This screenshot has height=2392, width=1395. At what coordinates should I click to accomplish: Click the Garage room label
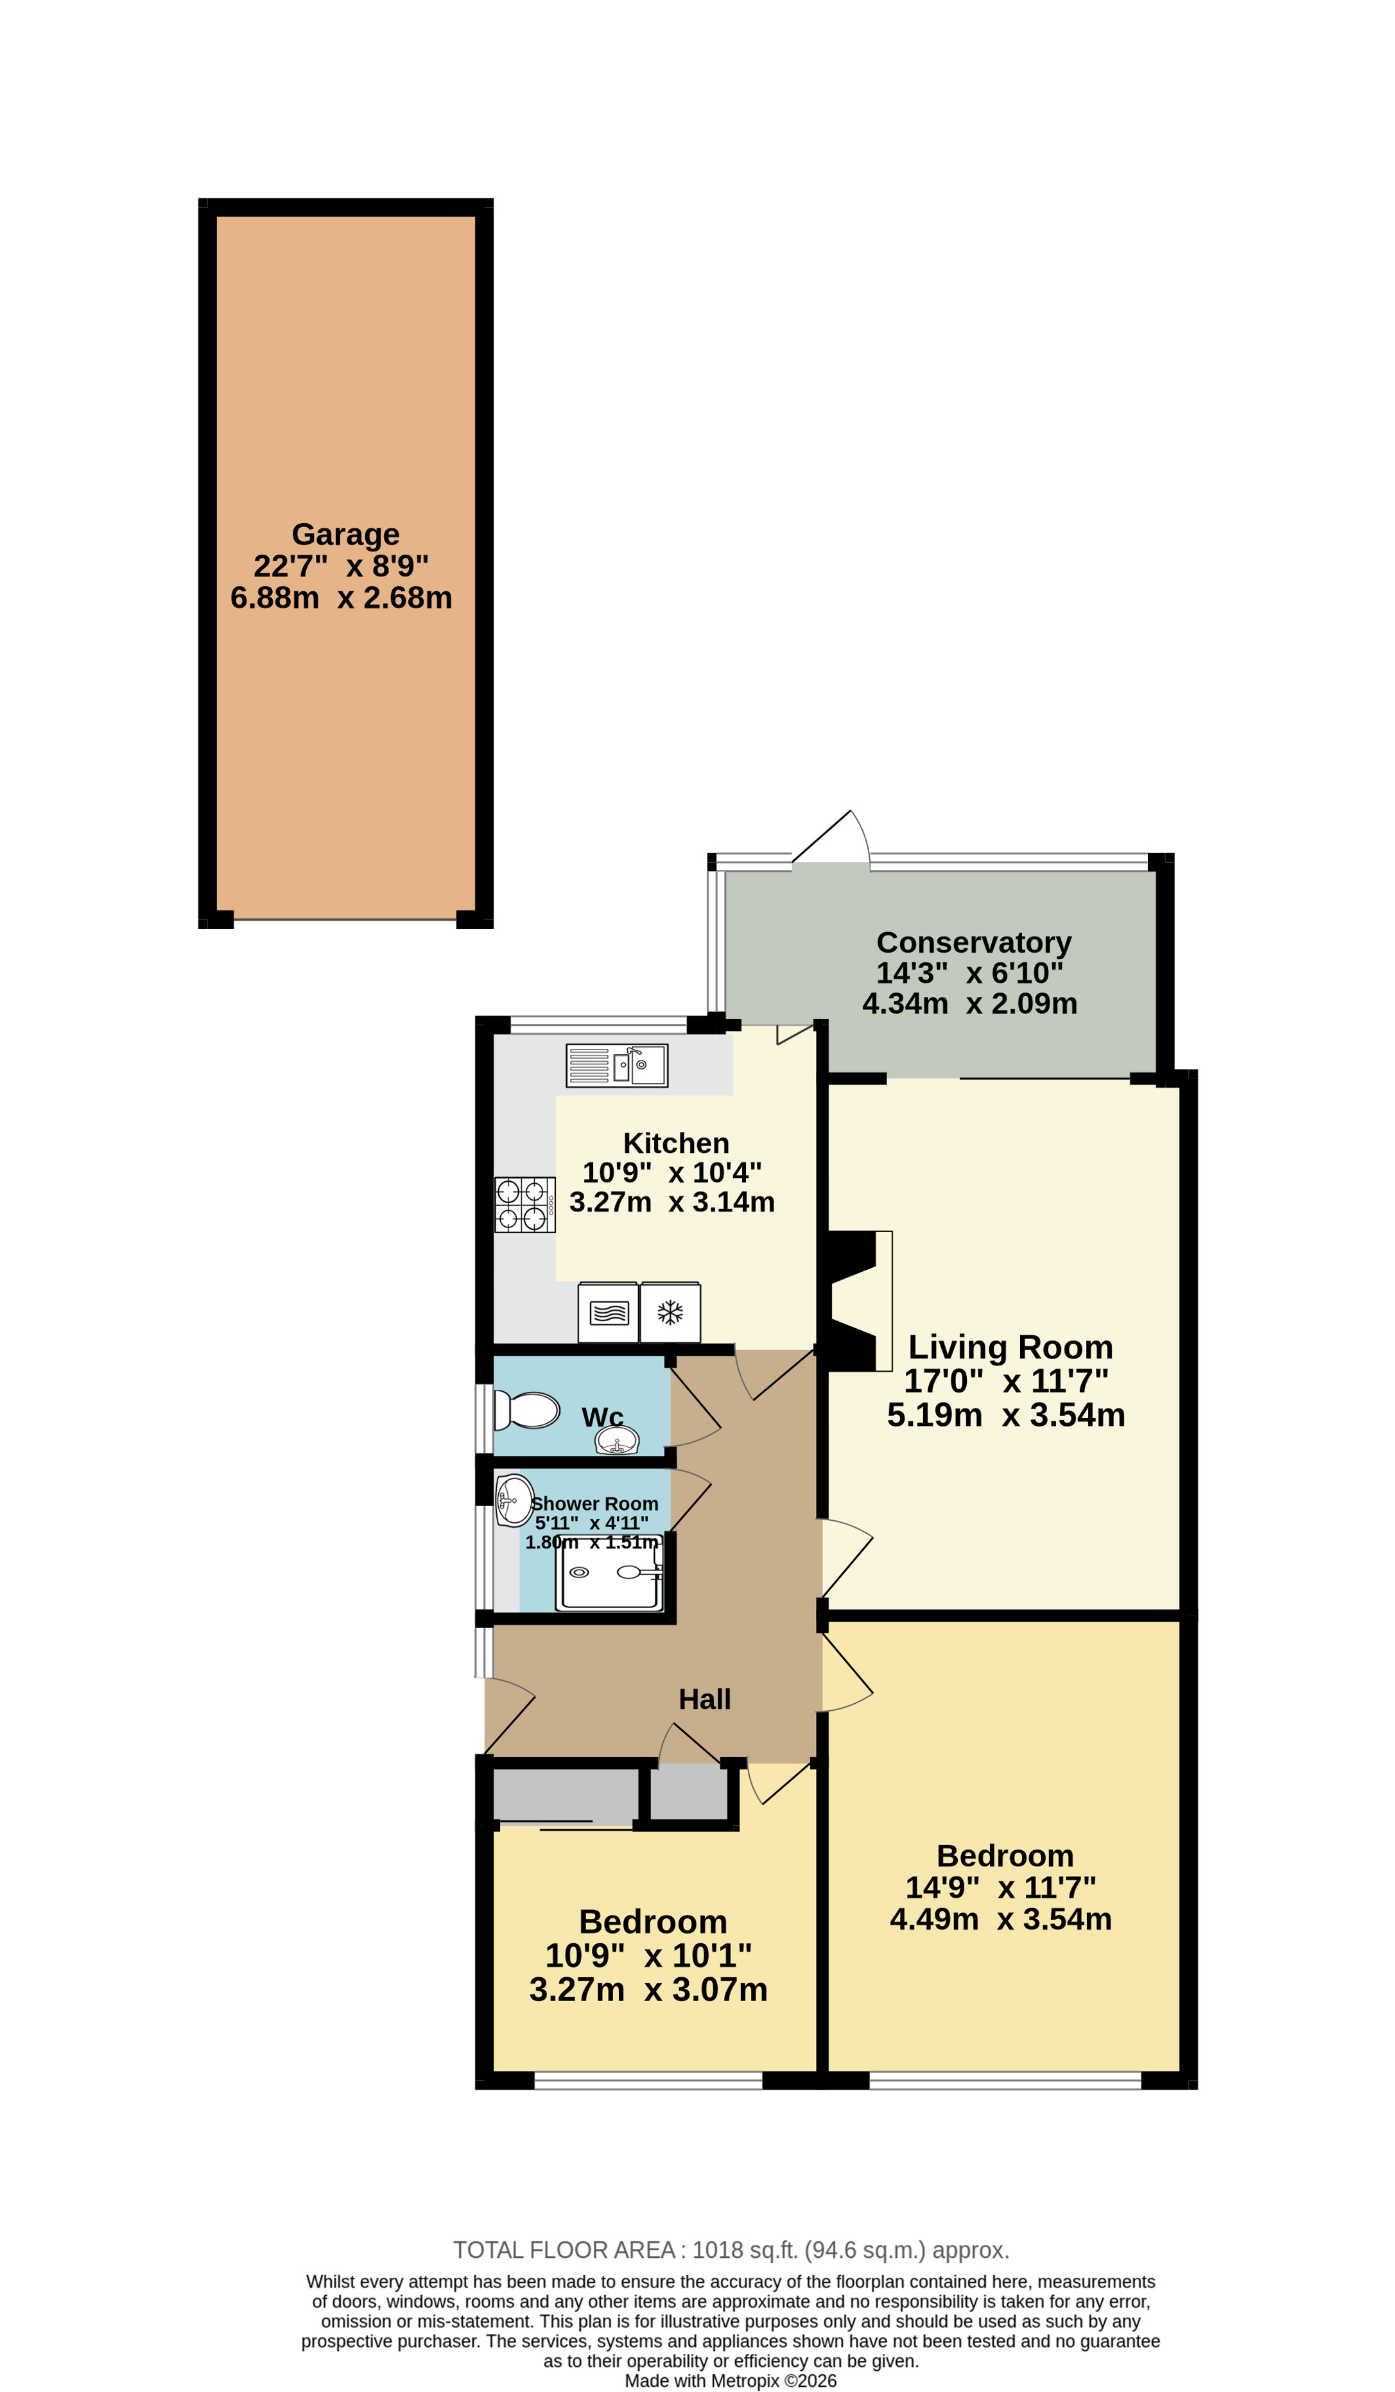pos(345,534)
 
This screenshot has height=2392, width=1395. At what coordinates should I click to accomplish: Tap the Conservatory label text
pos(974,942)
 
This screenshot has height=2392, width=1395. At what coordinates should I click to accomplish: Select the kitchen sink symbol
pos(617,1065)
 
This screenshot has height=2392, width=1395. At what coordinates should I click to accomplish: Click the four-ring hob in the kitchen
pos(524,1204)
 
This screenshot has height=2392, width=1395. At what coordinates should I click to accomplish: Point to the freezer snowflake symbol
pos(670,1313)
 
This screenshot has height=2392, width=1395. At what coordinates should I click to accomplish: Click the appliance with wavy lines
pos(609,1313)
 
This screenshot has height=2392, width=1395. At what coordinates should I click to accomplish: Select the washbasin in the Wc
pos(617,1441)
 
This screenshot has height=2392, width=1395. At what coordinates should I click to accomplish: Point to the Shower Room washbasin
pos(514,1500)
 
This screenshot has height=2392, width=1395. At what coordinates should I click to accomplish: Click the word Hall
pos(704,1699)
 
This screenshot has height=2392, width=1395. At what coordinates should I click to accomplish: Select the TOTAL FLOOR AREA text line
pos(731,2249)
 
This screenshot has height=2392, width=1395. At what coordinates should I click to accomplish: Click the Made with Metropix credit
pos(731,2380)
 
